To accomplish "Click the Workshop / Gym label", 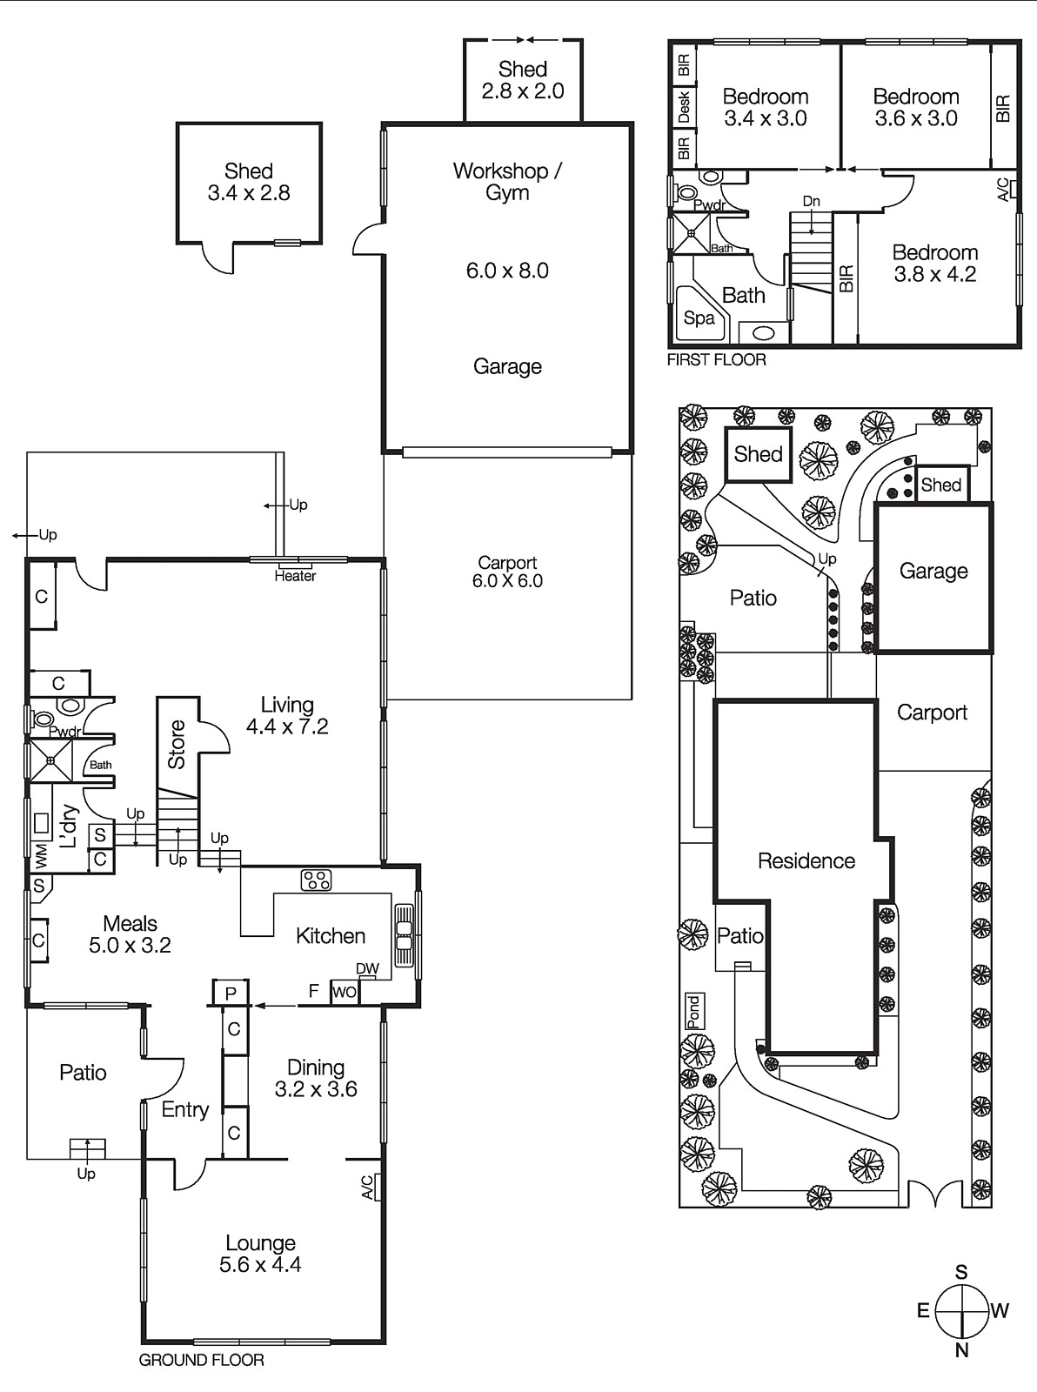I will point(507,181).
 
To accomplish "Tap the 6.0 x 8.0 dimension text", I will point(507,271).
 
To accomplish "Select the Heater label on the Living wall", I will point(295,576).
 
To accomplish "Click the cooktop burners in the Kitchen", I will point(316,880).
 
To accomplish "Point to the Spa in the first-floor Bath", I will point(699,318).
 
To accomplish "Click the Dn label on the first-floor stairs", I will point(811,201).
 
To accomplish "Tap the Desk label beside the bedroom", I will point(684,107).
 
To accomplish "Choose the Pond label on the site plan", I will point(693,1011).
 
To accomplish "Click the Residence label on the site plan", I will point(806,860).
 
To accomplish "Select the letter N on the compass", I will point(961,1350).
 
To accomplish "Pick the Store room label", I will point(177,744).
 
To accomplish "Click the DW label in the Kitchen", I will point(367,969).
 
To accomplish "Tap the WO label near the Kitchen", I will point(345,992).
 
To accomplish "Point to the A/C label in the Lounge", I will point(368,1188).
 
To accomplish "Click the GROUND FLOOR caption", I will point(202,1360).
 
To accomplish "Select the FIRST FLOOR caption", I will point(716,359).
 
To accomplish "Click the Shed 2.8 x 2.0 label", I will point(523,80).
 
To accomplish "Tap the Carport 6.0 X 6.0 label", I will point(507,572).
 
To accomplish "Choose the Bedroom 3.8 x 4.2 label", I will point(935,264).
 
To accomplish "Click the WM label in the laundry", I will point(40,856).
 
